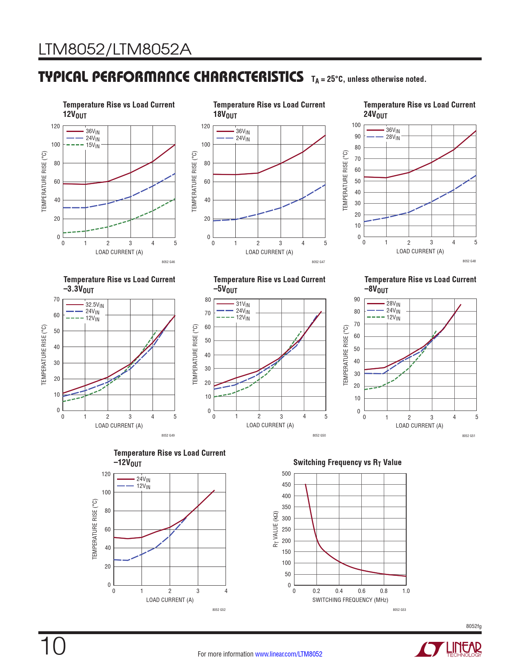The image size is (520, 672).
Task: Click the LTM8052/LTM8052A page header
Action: [x=115, y=50]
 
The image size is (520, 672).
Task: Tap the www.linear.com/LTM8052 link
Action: [x=288, y=654]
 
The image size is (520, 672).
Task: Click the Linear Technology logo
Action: [x=448, y=649]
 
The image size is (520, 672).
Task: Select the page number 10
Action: [x=53, y=646]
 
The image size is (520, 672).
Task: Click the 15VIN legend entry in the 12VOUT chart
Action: [x=92, y=145]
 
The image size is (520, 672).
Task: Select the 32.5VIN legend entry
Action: [x=94, y=305]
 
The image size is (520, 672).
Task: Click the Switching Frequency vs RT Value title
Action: [x=347, y=462]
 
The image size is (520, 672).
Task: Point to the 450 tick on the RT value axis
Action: [x=286, y=485]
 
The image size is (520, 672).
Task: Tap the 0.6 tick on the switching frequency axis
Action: [x=361, y=591]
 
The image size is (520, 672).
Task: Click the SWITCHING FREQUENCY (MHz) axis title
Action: [x=350, y=600]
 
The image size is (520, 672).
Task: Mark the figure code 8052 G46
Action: [x=168, y=262]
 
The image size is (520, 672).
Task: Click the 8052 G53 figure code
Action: [x=399, y=610]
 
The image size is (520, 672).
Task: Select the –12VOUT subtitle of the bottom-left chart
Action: [x=128, y=463]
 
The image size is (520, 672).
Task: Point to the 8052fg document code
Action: [x=474, y=626]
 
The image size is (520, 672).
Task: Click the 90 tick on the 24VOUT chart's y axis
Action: [x=357, y=136]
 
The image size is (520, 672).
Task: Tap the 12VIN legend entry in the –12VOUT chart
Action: [x=143, y=486]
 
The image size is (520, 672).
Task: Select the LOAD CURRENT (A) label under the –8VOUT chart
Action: [x=419, y=426]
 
